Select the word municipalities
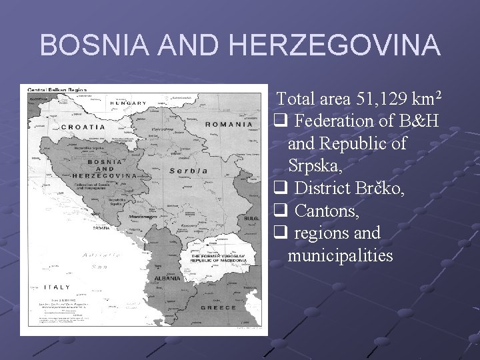(341, 255)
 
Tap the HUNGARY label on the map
(129, 103)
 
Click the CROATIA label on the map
(83, 126)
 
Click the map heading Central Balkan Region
(57, 89)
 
